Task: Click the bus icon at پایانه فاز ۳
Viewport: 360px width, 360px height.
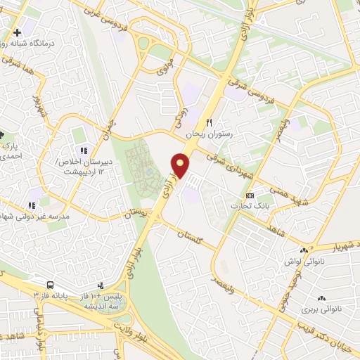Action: click(51, 285)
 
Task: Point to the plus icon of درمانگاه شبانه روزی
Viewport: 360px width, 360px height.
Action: click(18, 32)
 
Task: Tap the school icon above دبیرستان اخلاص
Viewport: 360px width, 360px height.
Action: click(84, 150)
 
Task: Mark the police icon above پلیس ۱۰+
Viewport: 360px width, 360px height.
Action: click(101, 285)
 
